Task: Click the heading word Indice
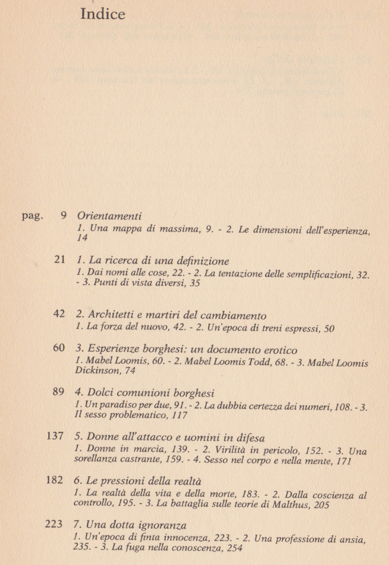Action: click(102, 14)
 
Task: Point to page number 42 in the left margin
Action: click(59, 315)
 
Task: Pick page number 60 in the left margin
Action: click(59, 348)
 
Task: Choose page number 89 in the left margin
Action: click(59, 392)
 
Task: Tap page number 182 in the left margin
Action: click(55, 481)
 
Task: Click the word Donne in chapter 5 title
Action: click(102, 438)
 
